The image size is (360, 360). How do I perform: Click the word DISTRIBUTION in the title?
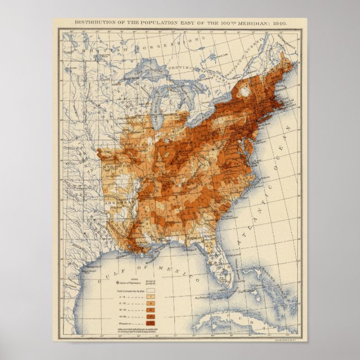coord(94,23)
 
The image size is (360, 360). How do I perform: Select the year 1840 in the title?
coord(280,23)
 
